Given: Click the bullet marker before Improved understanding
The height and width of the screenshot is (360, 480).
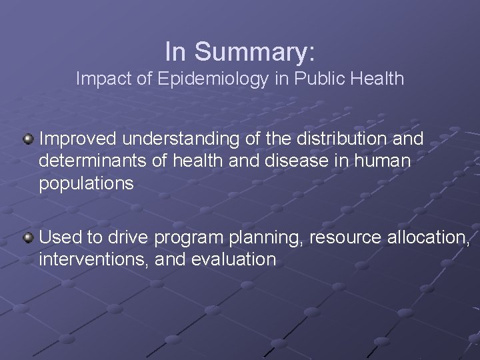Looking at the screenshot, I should coord(28,139).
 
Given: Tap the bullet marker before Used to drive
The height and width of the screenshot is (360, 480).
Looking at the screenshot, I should coord(28,237).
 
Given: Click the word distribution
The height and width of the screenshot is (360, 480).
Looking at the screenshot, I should coord(336,139).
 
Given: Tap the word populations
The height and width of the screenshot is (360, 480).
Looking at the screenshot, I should coord(87,184).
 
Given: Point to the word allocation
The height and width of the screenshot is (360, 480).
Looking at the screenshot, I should coord(427,237).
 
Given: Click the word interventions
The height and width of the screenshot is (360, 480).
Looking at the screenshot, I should coord(93,259).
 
